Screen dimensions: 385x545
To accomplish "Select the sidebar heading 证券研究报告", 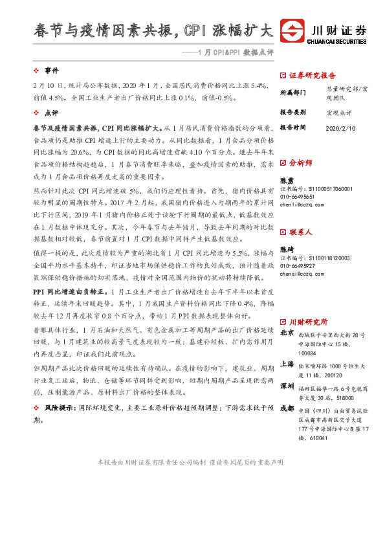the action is (x=313, y=75).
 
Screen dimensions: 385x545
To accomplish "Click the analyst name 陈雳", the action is (x=287, y=180).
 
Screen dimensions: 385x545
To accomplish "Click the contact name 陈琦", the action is (x=287, y=250).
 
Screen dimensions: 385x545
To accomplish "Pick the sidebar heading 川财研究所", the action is (x=308, y=322).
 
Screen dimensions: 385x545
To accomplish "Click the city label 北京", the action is (x=287, y=334).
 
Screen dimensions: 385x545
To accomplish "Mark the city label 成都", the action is (x=287, y=410).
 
